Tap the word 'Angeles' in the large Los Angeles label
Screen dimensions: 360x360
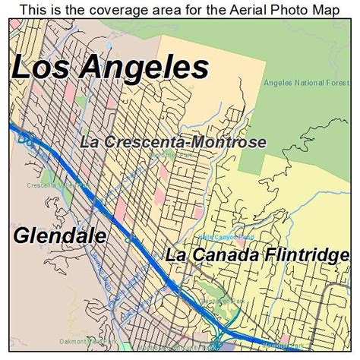click(144, 68)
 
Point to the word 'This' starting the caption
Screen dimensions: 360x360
click(35, 9)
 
